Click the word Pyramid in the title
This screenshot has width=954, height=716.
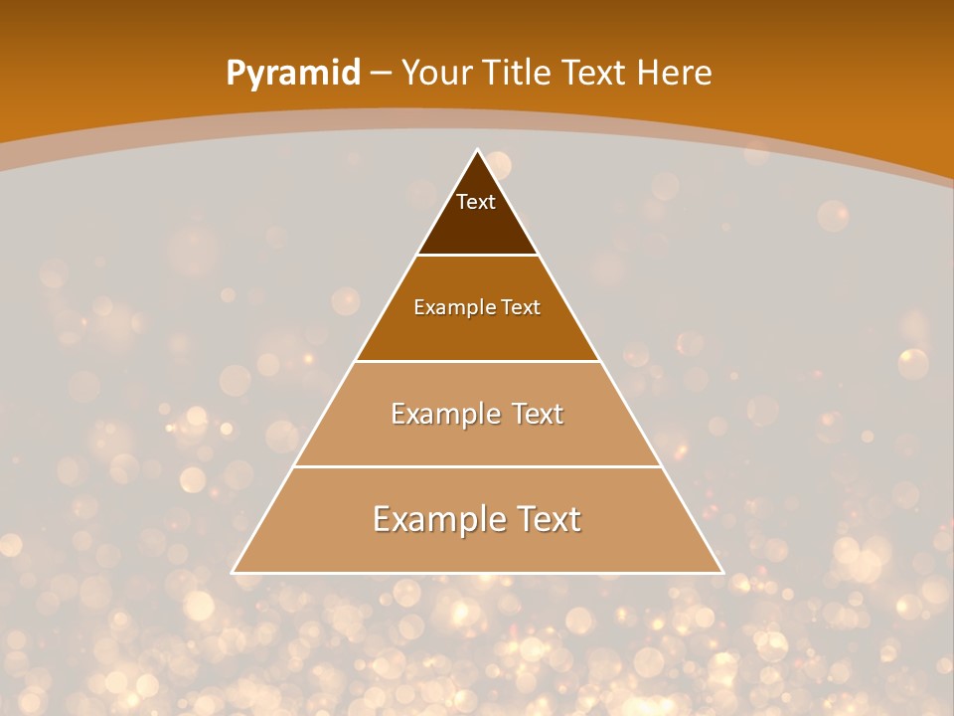(292, 74)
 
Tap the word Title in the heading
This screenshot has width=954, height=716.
(517, 73)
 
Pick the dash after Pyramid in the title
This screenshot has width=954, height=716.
(381, 74)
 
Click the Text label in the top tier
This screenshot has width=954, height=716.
(476, 202)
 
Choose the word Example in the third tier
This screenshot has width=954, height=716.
(443, 414)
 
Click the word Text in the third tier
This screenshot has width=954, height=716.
(535, 414)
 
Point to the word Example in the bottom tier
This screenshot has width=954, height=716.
(433, 519)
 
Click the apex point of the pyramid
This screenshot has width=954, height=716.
(478, 150)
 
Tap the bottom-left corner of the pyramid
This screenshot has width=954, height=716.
(233, 573)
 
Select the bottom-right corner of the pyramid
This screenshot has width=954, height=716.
(722, 573)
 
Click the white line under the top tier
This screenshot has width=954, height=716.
(478, 256)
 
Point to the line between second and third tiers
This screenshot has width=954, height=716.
(478, 361)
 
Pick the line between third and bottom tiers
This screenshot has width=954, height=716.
(478, 466)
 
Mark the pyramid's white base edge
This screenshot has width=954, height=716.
(478, 573)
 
